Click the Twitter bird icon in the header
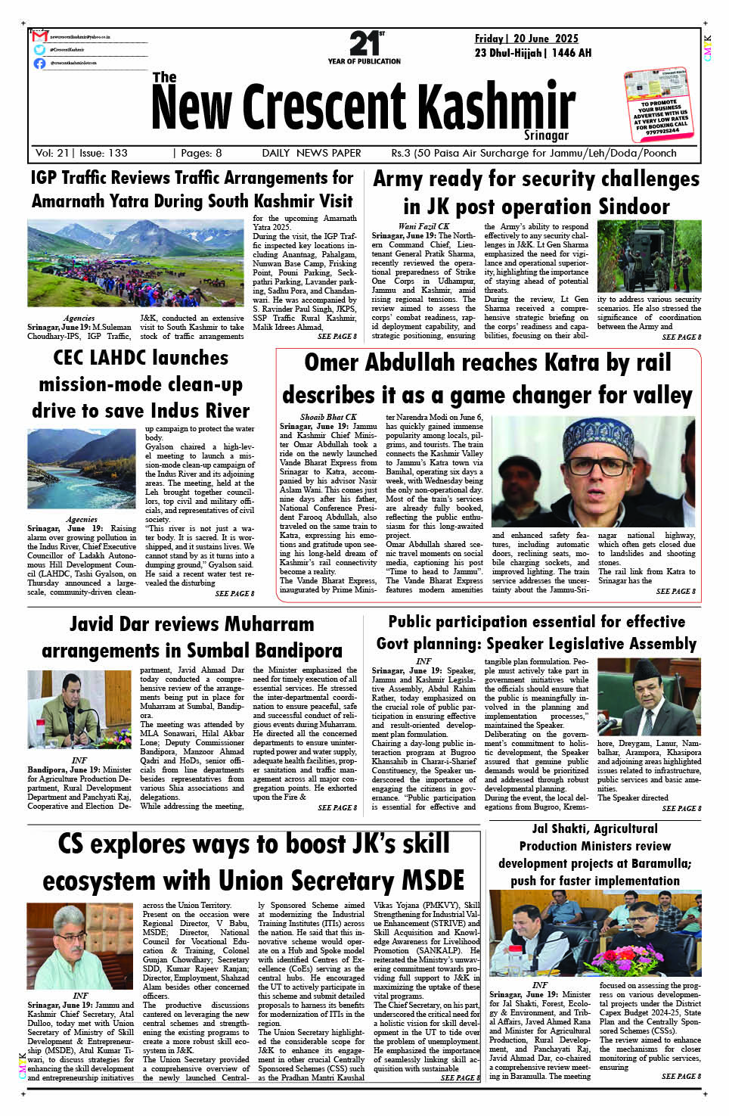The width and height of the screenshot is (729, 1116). point(39,50)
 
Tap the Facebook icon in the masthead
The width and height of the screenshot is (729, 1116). point(39,63)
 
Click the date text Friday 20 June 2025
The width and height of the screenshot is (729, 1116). point(526,39)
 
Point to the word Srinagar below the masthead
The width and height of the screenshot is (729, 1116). point(546,135)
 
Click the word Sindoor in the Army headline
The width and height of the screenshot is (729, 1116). point(634,207)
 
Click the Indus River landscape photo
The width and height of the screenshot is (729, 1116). point(82,469)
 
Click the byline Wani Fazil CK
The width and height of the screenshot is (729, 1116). point(423,226)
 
